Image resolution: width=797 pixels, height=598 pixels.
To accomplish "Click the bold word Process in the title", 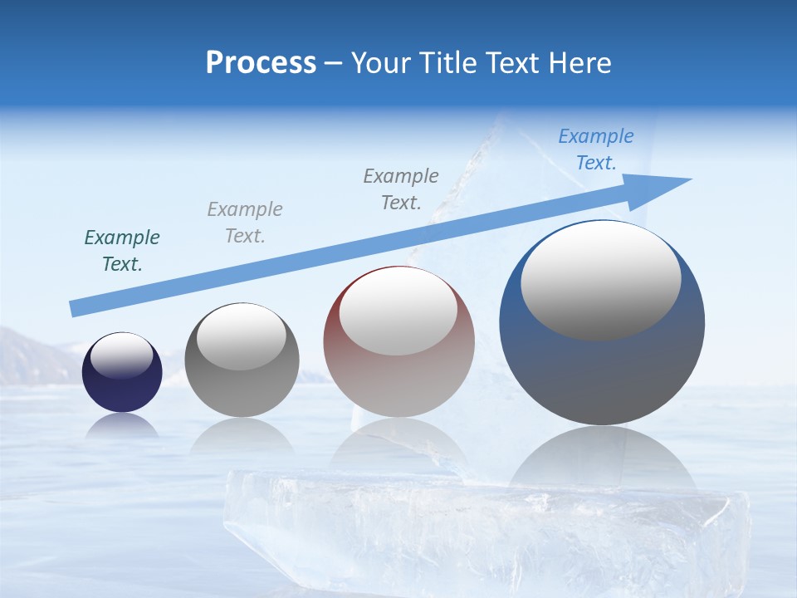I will pos(261,62).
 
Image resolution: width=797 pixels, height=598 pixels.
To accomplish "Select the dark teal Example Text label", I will pos(122,251).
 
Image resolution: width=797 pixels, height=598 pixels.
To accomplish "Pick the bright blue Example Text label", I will pos(596,149).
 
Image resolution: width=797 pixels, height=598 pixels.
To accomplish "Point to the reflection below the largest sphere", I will pos(602,457).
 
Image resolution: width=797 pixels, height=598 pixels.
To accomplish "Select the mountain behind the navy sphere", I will pos(33,357).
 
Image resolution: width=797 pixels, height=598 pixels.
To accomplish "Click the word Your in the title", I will pos(382,62).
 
